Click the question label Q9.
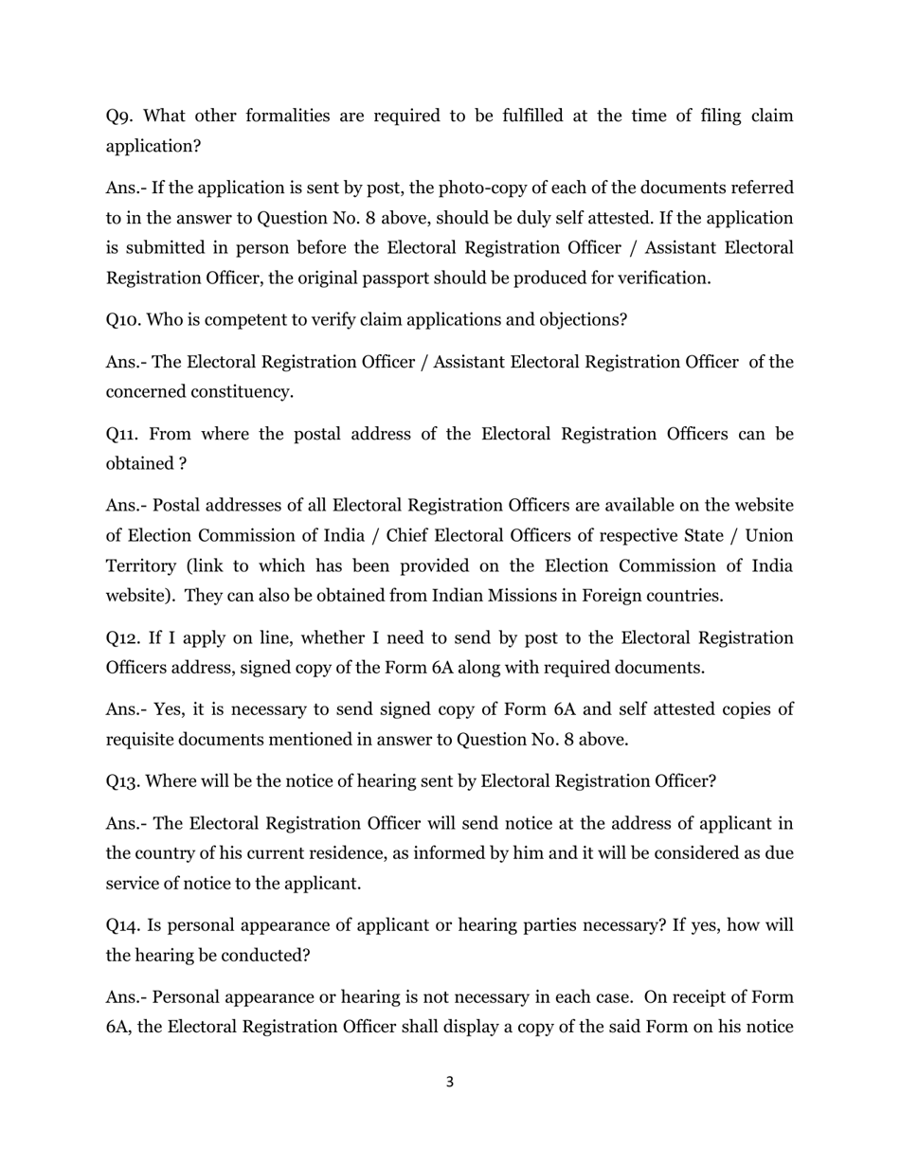pyautogui.click(x=119, y=116)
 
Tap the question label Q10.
pyautogui.click(x=124, y=320)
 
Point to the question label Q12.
pyautogui.click(x=123, y=638)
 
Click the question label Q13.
pyautogui.click(x=123, y=782)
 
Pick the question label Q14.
pyautogui.click(x=124, y=925)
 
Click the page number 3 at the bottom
pyautogui.click(x=449, y=1083)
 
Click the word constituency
pyautogui.click(x=243, y=392)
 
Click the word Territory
pyautogui.click(x=140, y=566)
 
